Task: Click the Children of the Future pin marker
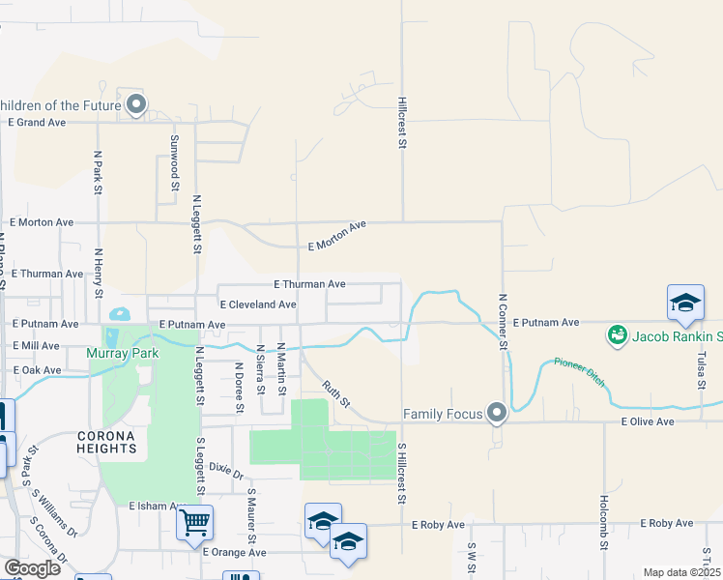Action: coord(136,104)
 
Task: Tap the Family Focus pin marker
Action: coord(497,414)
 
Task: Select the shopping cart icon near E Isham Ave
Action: coord(195,524)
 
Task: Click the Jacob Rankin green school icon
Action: coord(616,336)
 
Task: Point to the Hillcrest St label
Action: coord(401,121)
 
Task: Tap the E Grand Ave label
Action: coord(37,123)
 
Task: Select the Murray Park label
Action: coord(122,354)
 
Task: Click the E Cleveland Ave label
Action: coord(258,304)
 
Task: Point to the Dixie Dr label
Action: coord(226,471)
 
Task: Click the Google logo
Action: coord(31,568)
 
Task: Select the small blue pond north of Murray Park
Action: coord(120,314)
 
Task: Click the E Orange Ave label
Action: coord(234,552)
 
